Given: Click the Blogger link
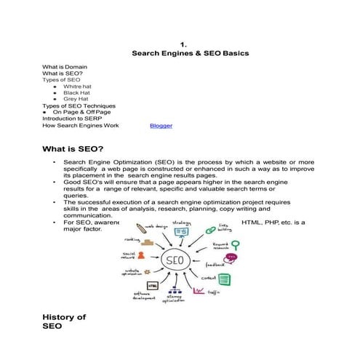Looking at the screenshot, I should click(161, 126).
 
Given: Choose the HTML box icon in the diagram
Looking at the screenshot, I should click(153, 286).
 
